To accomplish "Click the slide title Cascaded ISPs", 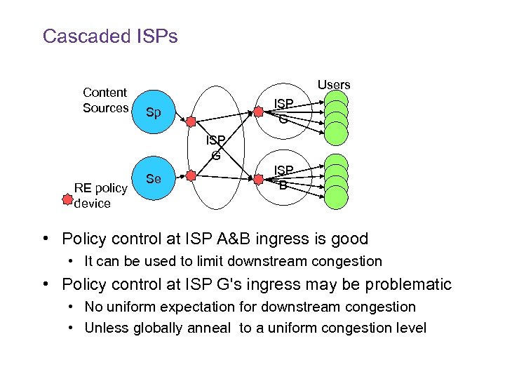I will [x=110, y=36].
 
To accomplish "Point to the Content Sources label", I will [x=105, y=100].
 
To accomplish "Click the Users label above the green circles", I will [x=334, y=85].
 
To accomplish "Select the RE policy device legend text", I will [x=101, y=196].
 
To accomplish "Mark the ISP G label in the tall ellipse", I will [x=215, y=148].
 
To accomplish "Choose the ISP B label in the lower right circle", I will [x=283, y=178].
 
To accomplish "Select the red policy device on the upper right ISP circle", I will [x=258, y=110].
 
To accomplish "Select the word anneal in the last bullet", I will [x=213, y=328].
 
